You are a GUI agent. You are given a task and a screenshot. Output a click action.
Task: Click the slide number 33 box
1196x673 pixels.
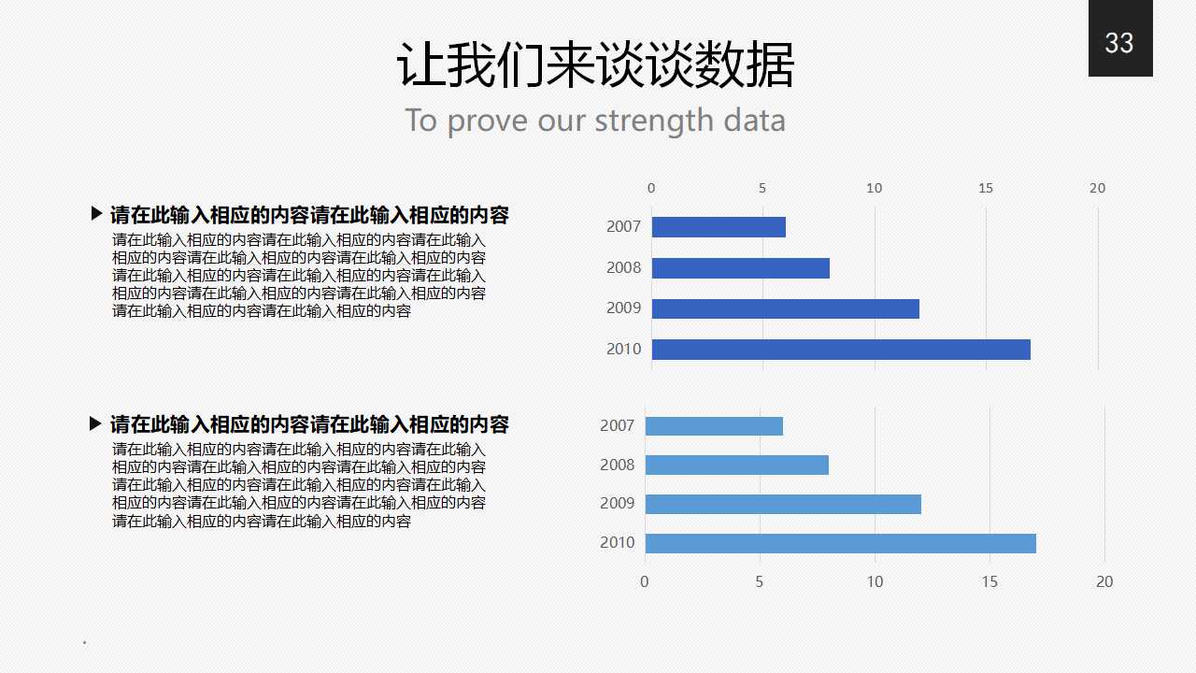(1119, 39)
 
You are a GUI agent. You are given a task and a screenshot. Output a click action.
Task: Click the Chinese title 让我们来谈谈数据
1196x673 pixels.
(595, 65)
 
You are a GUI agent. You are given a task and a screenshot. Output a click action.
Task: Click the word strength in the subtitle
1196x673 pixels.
(653, 121)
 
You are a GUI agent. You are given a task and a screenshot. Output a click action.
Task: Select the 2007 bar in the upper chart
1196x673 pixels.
(718, 227)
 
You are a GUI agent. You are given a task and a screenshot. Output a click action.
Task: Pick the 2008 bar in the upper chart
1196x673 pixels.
(740, 268)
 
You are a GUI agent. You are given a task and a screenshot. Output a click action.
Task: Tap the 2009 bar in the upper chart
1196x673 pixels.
(785, 308)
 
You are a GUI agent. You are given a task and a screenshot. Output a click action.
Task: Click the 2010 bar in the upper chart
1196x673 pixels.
(840, 350)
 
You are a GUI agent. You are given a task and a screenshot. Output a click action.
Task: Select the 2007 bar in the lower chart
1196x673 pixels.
(714, 426)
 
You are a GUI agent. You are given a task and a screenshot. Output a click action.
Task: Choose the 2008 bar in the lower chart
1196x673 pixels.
(736, 465)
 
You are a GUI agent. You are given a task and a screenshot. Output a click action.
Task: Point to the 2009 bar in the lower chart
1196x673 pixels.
(783, 504)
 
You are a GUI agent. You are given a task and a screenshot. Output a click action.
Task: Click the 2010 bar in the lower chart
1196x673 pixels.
(840, 543)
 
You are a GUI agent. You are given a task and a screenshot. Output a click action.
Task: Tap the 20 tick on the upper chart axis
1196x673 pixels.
(1097, 188)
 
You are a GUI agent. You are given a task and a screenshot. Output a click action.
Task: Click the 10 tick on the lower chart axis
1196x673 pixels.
(875, 581)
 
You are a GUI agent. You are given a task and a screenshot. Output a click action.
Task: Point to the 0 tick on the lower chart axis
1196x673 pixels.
(645, 581)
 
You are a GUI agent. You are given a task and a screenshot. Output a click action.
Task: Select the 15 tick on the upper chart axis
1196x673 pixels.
(986, 188)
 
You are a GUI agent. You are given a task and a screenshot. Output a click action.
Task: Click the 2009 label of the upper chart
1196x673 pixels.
(623, 308)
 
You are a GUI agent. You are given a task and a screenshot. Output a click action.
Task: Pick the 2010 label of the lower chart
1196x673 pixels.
(617, 543)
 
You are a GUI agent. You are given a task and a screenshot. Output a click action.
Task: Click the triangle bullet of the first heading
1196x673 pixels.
(96, 214)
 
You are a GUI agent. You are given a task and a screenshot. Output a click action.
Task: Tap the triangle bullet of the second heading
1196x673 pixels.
(95, 423)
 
